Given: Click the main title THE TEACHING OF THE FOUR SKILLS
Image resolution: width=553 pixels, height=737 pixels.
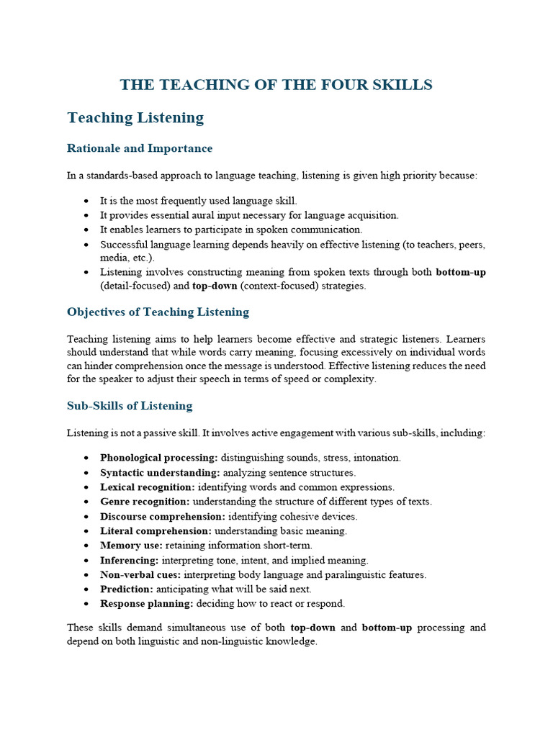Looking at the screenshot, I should tap(276, 85).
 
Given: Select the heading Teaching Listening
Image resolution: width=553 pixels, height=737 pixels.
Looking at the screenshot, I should tap(135, 117).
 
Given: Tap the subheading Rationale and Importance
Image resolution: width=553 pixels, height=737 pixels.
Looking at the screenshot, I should tap(140, 148).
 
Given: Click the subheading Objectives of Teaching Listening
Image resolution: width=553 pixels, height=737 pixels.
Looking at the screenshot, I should tap(158, 312).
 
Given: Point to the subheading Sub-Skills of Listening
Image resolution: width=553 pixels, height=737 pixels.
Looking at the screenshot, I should tap(130, 405).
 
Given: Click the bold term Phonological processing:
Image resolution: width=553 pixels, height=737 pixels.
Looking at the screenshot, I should tap(159, 458).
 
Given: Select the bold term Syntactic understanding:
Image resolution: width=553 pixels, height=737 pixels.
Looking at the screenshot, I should tap(160, 473).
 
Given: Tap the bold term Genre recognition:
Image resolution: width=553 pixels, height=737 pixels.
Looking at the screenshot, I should tap(145, 502).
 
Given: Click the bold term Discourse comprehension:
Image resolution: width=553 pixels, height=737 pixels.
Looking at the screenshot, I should tap(163, 516).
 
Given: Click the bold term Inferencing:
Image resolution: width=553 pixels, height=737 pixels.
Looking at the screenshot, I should tap(130, 560).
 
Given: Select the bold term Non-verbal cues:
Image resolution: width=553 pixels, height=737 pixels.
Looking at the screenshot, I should tap(141, 574).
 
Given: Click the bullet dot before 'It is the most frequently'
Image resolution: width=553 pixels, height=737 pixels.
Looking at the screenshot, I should tap(86, 201).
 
